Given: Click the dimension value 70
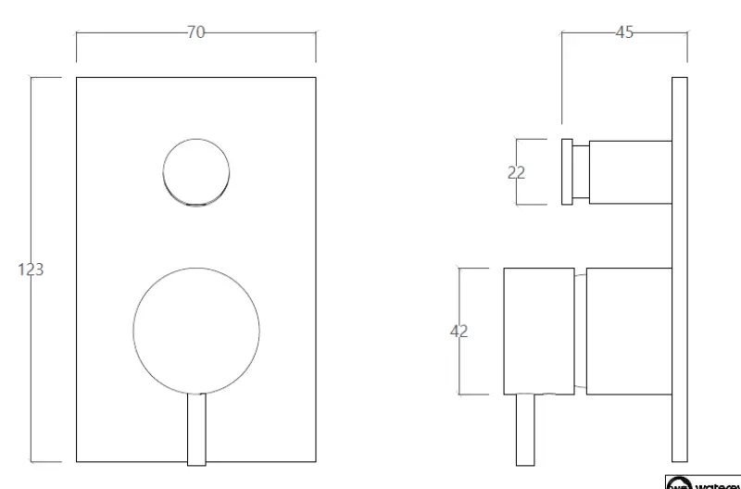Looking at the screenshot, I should click(195, 32).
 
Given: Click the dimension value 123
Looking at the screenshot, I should click(31, 270).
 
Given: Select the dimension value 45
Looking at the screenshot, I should click(624, 32).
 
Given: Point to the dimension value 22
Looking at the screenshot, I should click(517, 172).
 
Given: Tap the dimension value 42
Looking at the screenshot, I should click(458, 332).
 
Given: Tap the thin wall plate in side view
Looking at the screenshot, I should click(679, 269).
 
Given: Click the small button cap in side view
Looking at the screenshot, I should click(567, 172).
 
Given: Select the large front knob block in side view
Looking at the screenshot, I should click(537, 332).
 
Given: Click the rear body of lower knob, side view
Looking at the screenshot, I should click(629, 332).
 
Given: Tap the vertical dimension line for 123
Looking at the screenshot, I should click(32, 370).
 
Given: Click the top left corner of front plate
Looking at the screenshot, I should click(76, 77).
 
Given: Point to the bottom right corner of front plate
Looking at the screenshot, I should click(316, 461).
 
